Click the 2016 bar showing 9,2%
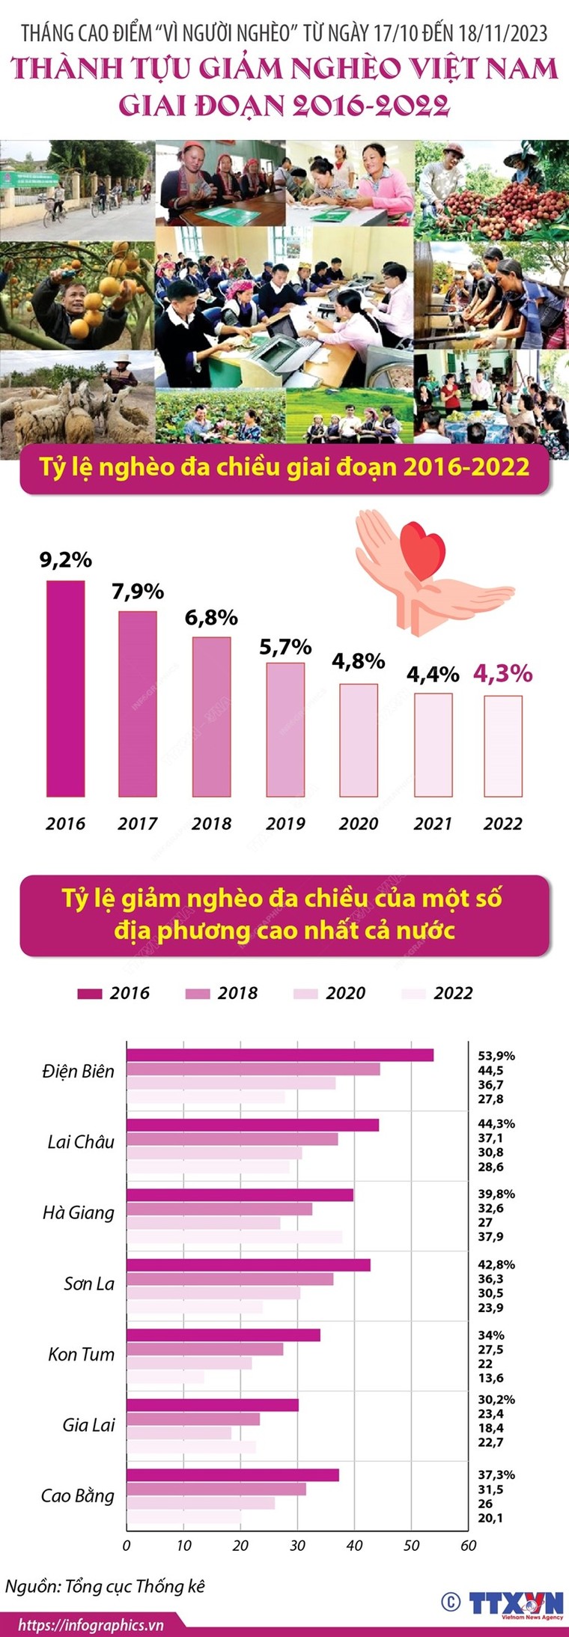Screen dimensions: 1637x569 click(65, 688)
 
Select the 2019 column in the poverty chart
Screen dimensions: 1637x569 click(285, 729)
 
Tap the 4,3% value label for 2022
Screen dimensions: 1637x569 click(502, 673)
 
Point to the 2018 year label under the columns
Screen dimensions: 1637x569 click(211, 824)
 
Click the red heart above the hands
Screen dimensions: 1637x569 click(424, 552)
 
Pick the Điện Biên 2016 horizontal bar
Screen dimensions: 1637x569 click(279, 1055)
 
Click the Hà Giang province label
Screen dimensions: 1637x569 click(79, 1212)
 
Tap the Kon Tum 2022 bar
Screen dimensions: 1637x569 click(165, 1377)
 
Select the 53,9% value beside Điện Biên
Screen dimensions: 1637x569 click(496, 1056)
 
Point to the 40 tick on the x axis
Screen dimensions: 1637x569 click(354, 1545)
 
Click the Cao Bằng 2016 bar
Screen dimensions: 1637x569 click(232, 1474)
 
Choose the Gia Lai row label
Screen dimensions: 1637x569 click(88, 1424)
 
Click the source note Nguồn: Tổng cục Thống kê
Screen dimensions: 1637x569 click(105, 1586)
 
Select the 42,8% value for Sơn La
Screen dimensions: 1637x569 click(496, 1264)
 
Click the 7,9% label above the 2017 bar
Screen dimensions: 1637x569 click(138, 592)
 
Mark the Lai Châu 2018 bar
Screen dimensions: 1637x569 click(232, 1139)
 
